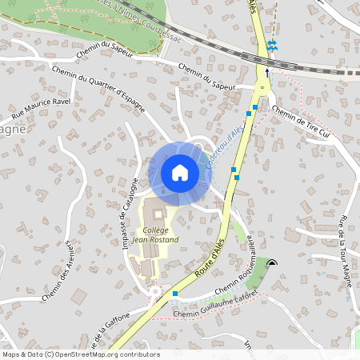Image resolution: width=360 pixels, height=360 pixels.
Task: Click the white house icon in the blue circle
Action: pos(180,173)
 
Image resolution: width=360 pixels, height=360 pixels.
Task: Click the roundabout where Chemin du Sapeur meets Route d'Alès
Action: pos(262,87)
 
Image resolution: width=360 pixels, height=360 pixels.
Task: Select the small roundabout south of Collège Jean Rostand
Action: pos(156,292)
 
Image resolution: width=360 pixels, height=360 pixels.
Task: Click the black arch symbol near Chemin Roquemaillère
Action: pos(274,262)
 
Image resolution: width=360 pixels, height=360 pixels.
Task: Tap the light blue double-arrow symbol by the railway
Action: pos(274,44)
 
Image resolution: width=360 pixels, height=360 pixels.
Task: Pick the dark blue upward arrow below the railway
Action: pos(267,71)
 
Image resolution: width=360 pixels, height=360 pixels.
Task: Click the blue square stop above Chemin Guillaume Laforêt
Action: pos(174,294)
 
